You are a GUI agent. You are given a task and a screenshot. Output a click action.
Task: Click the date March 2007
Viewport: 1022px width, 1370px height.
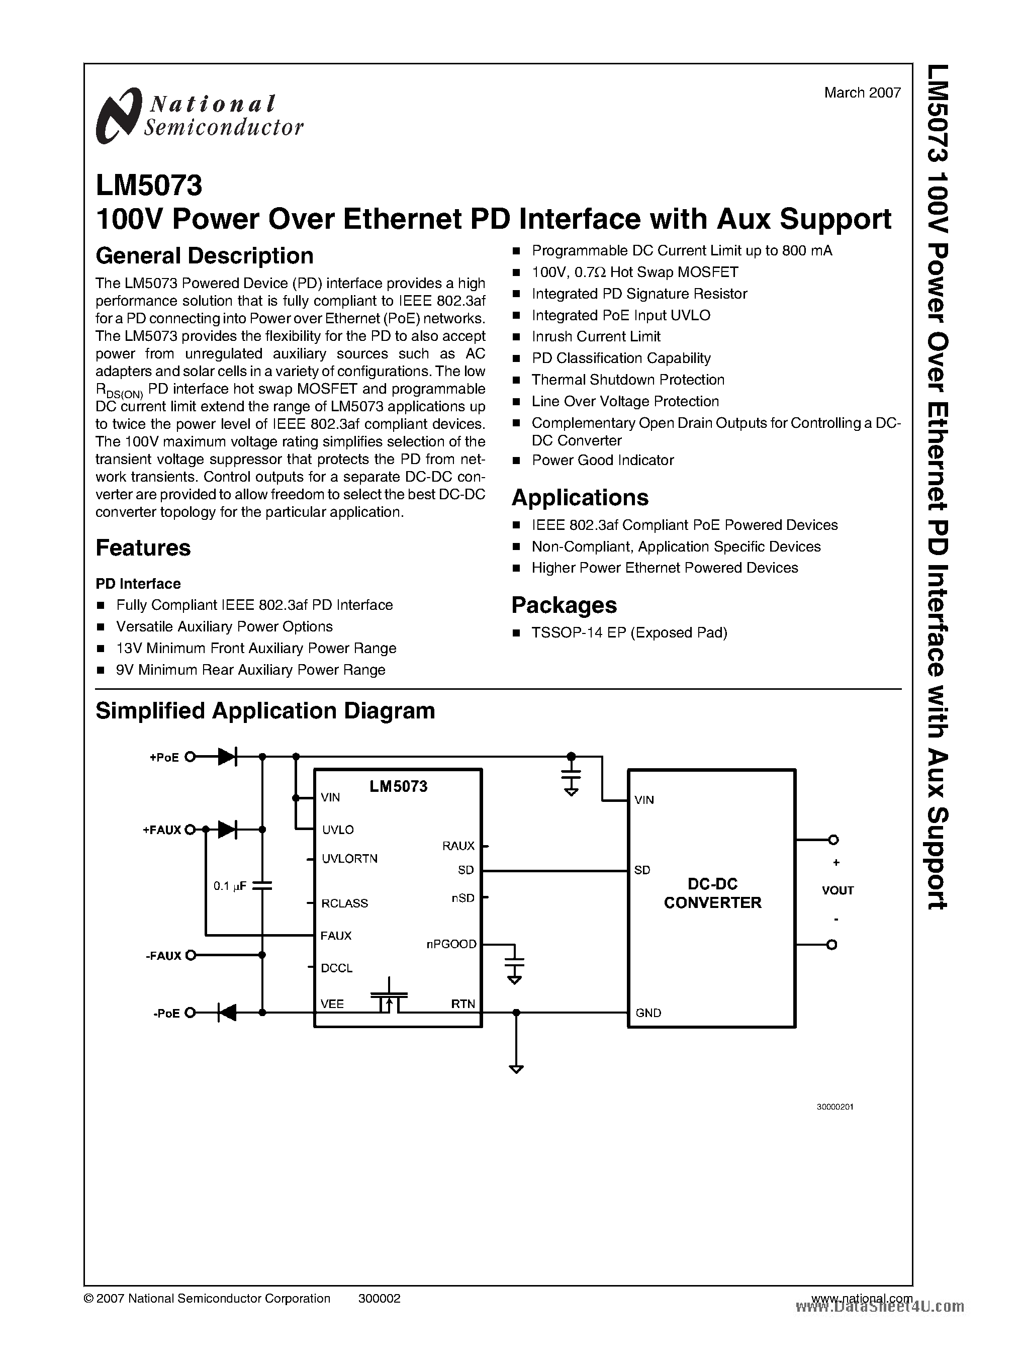pyautogui.click(x=862, y=93)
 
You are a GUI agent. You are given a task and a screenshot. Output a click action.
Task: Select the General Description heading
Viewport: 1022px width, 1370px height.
pyautogui.click(x=204, y=255)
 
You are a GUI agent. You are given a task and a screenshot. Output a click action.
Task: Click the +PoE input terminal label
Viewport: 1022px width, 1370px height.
pyautogui.click(x=164, y=758)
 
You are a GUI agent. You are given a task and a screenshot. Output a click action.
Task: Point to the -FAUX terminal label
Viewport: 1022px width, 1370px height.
pyautogui.click(x=164, y=955)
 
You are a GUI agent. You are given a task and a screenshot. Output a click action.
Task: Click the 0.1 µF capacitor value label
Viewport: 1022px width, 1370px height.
pyautogui.click(x=230, y=886)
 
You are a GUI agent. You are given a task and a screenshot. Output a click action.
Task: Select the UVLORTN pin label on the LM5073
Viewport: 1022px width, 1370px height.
pyautogui.click(x=349, y=859)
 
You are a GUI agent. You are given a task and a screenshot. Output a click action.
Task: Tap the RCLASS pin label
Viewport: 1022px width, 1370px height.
pyautogui.click(x=344, y=903)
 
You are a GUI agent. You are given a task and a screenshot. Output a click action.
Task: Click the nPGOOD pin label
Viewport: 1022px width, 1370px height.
pyautogui.click(x=451, y=944)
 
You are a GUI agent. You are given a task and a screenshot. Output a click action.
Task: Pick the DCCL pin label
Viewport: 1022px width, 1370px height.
pyautogui.click(x=336, y=968)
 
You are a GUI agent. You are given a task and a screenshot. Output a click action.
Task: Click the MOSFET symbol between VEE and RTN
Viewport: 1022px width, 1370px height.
pyautogui.click(x=389, y=997)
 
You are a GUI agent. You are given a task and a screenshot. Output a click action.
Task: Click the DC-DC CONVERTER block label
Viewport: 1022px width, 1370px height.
pyautogui.click(x=712, y=893)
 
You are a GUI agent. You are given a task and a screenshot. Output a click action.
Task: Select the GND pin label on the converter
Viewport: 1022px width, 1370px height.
pyautogui.click(x=647, y=1013)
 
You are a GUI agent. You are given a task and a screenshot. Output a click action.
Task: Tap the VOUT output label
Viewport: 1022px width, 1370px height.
pyautogui.click(x=838, y=890)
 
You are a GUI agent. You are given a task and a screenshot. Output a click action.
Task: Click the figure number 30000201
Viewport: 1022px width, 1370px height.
pyautogui.click(x=835, y=1107)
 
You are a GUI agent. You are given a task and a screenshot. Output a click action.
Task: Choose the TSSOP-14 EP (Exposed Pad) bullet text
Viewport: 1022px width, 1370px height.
pyautogui.click(x=629, y=632)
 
